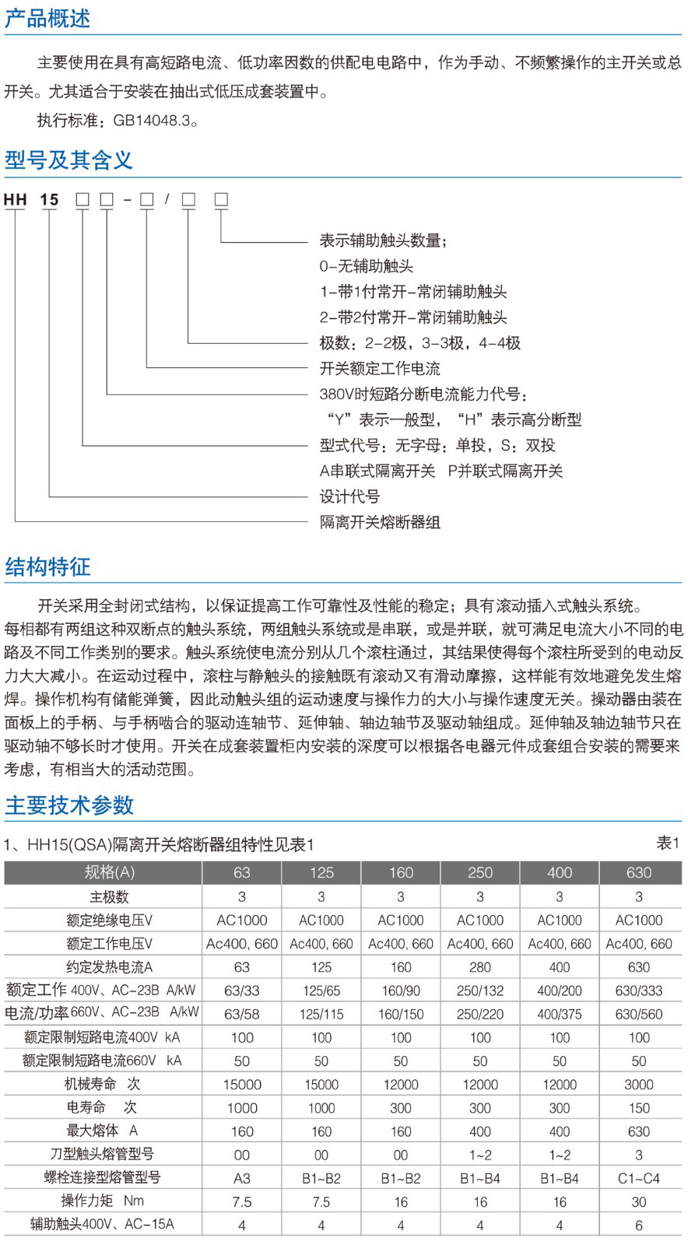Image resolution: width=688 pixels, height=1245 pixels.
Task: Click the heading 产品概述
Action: tap(47, 18)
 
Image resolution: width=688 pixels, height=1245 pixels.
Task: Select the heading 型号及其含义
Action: tap(68, 160)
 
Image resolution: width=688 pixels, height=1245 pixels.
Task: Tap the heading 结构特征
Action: tap(47, 566)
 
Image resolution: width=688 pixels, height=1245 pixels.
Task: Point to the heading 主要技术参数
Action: tap(69, 805)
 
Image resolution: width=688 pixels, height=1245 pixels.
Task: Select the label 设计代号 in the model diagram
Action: tap(349, 496)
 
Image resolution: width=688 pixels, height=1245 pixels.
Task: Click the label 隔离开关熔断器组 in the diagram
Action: tap(380, 522)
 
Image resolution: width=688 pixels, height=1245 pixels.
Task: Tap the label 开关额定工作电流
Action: tap(380, 368)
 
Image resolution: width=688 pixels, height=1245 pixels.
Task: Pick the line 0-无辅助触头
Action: tap(366, 266)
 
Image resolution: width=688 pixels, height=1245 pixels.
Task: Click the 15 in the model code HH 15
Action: tap(49, 200)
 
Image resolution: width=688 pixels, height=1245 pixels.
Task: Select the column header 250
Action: tap(480, 872)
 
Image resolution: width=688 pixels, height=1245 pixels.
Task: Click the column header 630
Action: tap(639, 872)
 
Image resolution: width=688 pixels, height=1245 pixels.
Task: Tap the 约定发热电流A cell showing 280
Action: tap(480, 967)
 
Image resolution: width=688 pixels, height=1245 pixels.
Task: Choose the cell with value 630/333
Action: tap(639, 991)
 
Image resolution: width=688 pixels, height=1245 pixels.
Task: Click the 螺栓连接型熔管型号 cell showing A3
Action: tap(242, 1178)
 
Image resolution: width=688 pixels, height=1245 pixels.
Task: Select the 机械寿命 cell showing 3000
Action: tap(639, 1085)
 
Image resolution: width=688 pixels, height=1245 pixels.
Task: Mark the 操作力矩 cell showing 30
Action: tap(639, 1201)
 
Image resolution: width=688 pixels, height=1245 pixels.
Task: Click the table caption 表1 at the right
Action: tap(668, 843)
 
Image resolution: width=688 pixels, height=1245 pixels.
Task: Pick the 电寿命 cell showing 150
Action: tap(639, 1108)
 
